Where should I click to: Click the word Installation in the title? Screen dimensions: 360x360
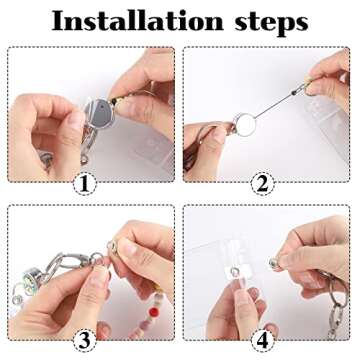[x=137, y=22]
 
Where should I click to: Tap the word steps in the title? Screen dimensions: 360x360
[x=271, y=23]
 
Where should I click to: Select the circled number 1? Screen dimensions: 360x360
[x=85, y=184]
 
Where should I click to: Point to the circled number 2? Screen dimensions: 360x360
[x=262, y=184]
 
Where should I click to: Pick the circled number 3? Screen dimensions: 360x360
[x=85, y=341]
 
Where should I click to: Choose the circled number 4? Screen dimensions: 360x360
[x=262, y=341]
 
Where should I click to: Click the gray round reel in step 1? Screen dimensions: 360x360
[x=99, y=113]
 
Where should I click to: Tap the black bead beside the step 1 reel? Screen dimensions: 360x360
[x=114, y=100]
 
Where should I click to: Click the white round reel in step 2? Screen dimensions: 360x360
[x=246, y=124]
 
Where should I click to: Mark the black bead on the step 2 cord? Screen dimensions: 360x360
[x=294, y=93]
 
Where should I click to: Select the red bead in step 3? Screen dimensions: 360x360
[x=154, y=312]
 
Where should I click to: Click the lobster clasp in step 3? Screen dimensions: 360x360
[x=71, y=263]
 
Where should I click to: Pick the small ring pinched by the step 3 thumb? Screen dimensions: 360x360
[x=97, y=258]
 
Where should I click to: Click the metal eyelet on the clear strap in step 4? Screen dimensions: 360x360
[x=236, y=273]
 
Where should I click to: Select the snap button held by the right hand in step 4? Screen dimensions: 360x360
[x=275, y=263]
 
